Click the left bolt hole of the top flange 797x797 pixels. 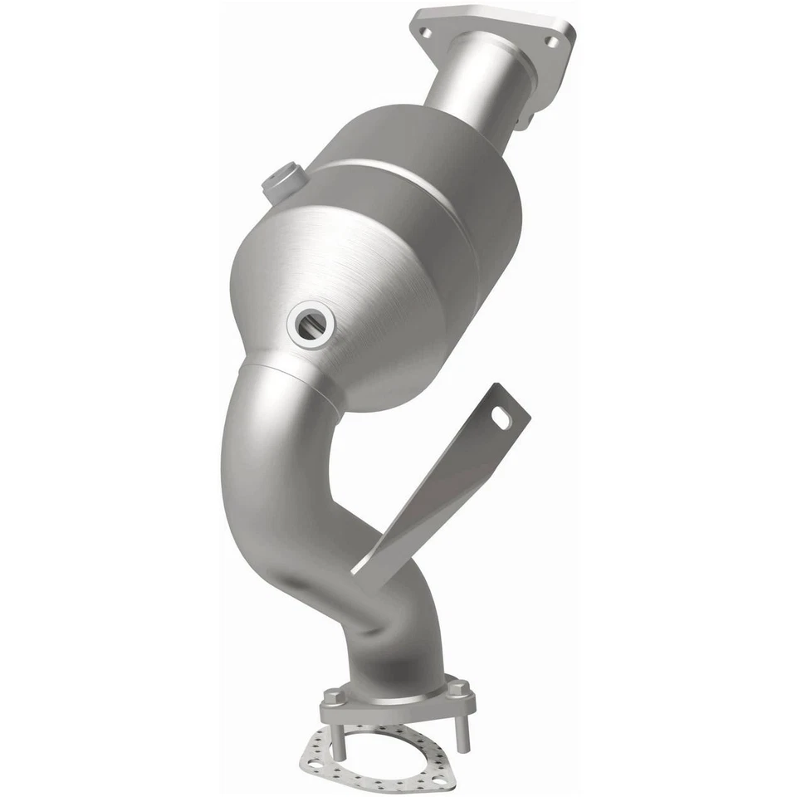point(426,32)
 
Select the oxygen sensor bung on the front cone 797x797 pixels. point(311,325)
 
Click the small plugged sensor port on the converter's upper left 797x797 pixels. point(281,180)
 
